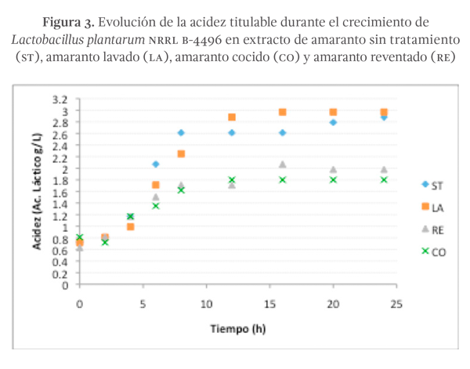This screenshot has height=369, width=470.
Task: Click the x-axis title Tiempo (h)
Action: coord(237,328)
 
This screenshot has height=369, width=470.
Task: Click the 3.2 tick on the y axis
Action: coord(60,99)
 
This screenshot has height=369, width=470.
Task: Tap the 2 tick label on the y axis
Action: coord(66,169)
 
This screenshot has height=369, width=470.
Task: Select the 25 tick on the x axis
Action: coord(396,304)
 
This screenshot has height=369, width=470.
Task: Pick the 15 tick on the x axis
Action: coord(269,304)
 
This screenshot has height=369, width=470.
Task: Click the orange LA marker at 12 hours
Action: coord(232,118)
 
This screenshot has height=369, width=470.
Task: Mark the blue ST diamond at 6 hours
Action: coord(156,164)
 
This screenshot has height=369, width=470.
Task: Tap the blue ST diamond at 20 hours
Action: coord(333,122)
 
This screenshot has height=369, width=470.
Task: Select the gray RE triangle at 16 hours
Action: coord(283,165)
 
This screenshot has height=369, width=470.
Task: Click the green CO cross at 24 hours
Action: coord(384,179)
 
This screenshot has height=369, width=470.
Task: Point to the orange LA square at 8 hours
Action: coord(181,154)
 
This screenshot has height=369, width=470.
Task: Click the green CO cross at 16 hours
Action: coord(283,179)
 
